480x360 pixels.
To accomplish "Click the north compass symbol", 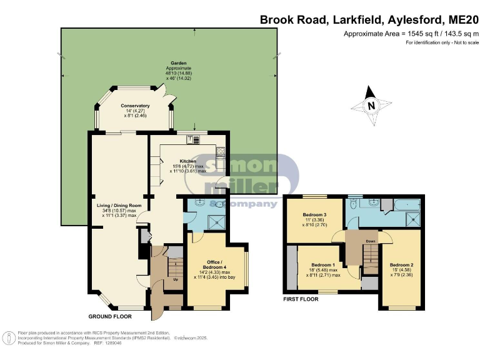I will [x=371, y=106].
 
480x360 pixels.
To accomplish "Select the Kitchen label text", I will [x=188, y=161].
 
